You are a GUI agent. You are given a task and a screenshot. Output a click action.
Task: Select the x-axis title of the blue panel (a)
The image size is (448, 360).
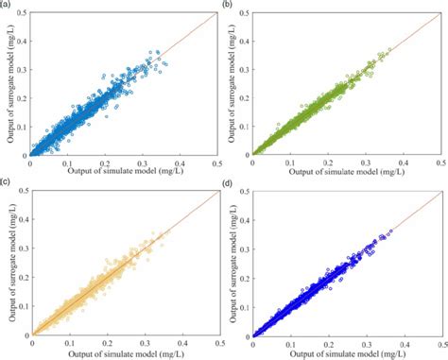(x=123, y=171)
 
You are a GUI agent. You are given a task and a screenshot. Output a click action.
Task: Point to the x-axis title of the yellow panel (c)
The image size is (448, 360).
(x=123, y=351)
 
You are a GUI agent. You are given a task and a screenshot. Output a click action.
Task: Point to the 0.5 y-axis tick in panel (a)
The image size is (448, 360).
(x=21, y=11)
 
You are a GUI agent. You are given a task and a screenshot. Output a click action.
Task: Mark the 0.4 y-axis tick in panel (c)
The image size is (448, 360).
(x=21, y=219)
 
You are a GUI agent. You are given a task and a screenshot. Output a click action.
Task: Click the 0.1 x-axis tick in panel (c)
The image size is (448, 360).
(x=67, y=341)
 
